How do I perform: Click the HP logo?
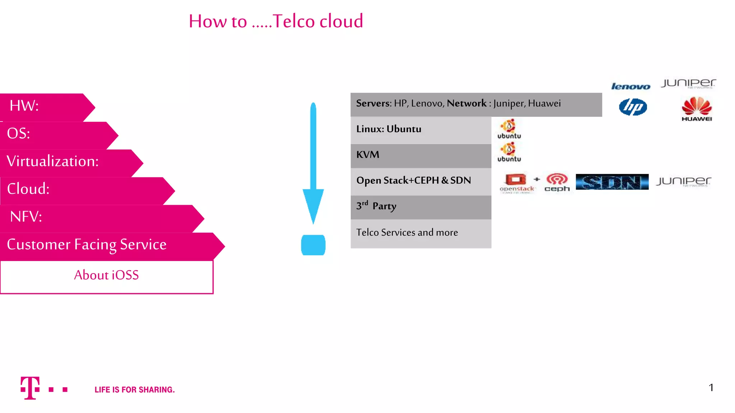coord(633,107)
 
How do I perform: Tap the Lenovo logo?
coord(631,86)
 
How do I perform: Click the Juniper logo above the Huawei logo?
coord(688,84)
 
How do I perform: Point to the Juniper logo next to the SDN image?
coord(684,181)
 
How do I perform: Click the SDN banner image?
coord(612,182)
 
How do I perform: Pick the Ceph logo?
coord(557,182)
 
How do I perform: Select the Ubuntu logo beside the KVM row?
coord(509,152)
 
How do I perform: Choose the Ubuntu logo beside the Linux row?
coord(509,129)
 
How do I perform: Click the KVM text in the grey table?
coord(367,155)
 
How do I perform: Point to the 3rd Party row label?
coord(376,206)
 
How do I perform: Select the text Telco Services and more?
coord(407,232)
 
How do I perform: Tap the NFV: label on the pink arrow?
coord(26,217)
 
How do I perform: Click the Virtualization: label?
coord(52,161)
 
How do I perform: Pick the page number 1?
coord(711,388)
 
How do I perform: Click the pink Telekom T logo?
coord(30,388)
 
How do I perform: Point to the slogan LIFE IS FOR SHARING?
coord(135,390)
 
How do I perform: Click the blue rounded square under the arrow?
coord(313,245)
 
